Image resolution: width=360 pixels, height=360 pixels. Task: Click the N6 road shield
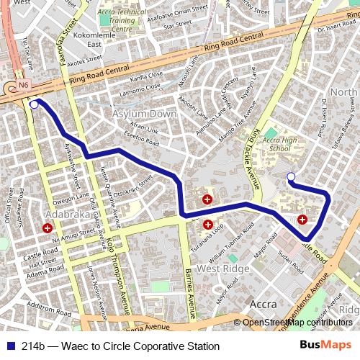24,85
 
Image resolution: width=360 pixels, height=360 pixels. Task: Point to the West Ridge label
218,269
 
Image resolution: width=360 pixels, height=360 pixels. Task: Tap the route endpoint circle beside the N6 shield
34,104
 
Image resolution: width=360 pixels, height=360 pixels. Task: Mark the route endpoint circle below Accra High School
291,176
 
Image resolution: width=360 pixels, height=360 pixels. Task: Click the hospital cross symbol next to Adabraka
48,228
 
